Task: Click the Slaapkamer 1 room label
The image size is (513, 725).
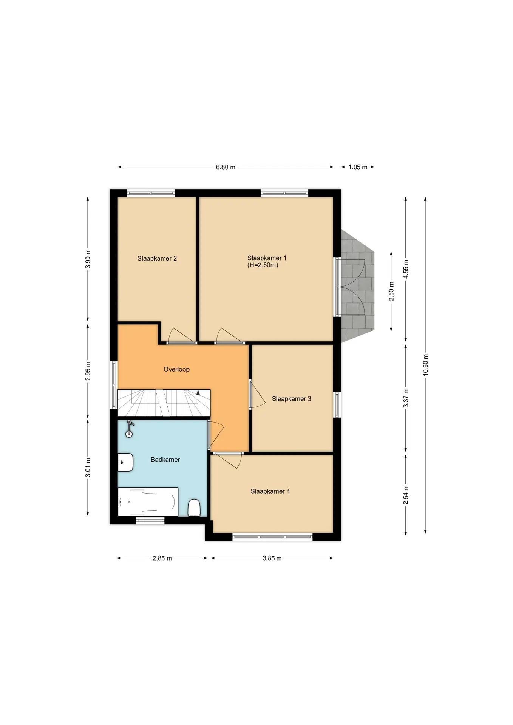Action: point(267,258)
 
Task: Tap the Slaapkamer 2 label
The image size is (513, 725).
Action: point(157,259)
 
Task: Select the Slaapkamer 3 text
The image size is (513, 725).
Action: point(291,399)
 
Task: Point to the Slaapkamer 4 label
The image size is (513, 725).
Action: point(270,491)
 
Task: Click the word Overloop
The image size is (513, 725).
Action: point(176,369)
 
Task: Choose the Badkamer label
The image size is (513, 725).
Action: point(165,460)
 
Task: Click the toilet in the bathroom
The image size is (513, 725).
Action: point(194,507)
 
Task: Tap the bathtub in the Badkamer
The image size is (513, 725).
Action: point(148,501)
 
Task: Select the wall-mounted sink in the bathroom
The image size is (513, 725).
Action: point(125,462)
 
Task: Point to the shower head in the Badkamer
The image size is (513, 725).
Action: point(129,429)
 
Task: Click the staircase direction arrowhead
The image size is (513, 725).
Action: point(198,392)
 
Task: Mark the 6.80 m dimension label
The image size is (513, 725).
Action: point(226,167)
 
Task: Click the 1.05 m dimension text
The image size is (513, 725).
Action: point(358,167)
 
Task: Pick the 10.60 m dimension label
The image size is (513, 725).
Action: point(426,365)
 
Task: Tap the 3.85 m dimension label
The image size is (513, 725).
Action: point(272,558)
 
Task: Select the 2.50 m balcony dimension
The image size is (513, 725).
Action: point(391,291)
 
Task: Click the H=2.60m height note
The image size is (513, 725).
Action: point(263,265)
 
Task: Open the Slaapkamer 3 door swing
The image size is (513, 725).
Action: point(258,394)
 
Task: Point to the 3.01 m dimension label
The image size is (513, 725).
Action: point(88,467)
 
